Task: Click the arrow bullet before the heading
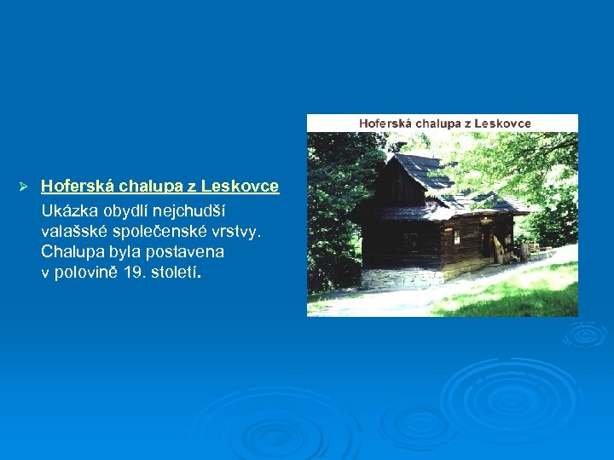click(x=25, y=187)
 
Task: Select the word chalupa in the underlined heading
click(x=150, y=187)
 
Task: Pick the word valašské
click(x=74, y=231)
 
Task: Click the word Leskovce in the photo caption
click(x=502, y=124)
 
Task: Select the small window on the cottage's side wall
click(x=456, y=236)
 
